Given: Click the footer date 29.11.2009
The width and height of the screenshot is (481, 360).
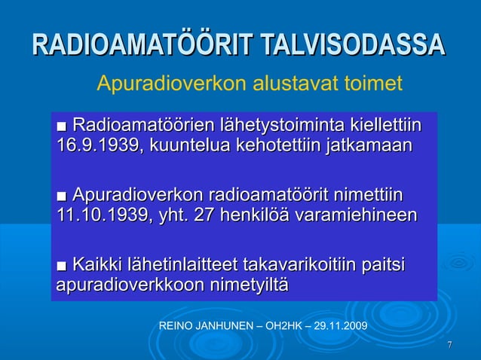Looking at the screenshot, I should point(339,327).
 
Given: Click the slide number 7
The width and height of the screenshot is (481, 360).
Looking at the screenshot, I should point(450,345).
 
